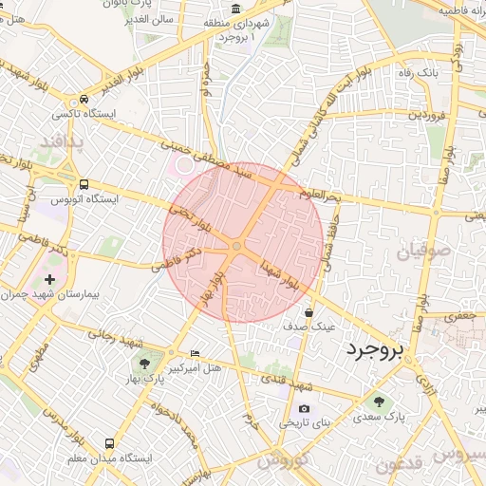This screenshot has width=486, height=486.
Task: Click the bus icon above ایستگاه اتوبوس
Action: (84, 184)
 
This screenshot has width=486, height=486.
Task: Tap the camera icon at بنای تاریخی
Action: (304, 408)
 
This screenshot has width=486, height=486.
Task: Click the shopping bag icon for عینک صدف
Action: (309, 311)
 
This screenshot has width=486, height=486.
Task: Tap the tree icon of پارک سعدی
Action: (380, 401)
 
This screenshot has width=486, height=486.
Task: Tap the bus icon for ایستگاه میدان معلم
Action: (110, 443)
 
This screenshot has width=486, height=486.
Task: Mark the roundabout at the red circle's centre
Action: (236, 247)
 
